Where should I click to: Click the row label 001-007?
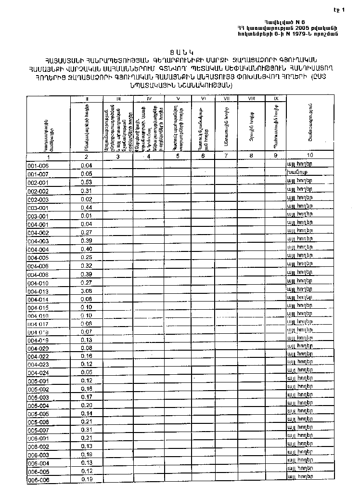point(38,173)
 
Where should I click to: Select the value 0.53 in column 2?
point(87,182)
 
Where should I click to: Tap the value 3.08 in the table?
point(87,290)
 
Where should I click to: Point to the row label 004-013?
point(38,291)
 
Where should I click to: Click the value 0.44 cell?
point(87,208)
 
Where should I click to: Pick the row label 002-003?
point(38,199)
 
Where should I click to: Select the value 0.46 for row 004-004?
point(87,249)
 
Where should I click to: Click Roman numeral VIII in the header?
point(251,99)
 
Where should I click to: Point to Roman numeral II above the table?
point(87,99)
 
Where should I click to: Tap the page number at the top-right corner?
point(349,9)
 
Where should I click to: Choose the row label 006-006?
point(38,480)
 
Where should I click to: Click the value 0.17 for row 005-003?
point(87,397)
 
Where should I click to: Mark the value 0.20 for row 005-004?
point(87,405)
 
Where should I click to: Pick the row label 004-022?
point(38,356)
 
